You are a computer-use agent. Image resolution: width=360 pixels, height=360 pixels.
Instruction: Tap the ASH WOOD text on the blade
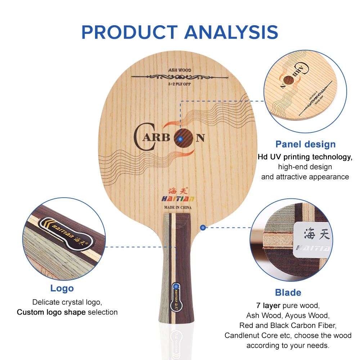[x=180, y=70]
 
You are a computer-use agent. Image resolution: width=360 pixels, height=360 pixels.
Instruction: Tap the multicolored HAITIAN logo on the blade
[x=178, y=199]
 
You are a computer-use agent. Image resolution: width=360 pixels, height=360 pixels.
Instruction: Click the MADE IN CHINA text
[x=178, y=207]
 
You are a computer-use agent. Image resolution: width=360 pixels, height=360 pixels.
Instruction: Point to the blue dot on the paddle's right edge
[x=203, y=228]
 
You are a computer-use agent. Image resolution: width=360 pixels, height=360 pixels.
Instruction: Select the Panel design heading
[x=305, y=144]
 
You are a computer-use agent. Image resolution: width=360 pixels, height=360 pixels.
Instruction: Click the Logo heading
[x=62, y=288]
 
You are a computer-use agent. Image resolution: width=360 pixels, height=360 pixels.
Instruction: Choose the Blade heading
[x=288, y=292]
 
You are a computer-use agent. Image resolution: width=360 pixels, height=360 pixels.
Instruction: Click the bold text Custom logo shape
[x=51, y=312]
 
